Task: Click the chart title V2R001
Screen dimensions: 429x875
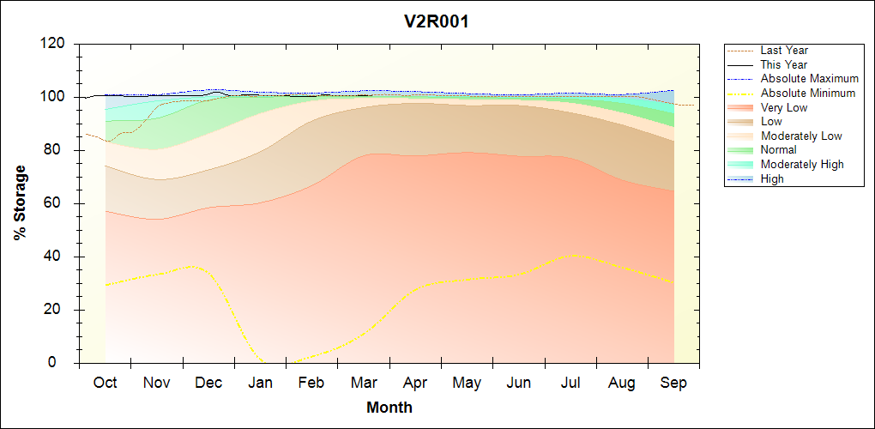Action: (x=437, y=21)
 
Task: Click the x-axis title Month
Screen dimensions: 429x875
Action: (x=389, y=408)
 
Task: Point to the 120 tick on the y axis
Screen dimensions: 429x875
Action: (x=53, y=44)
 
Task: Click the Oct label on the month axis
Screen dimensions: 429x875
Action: (x=105, y=383)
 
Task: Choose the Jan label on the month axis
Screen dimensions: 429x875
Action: (x=260, y=383)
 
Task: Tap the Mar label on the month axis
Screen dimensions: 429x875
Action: (x=363, y=383)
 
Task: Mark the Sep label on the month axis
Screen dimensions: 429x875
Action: (x=673, y=383)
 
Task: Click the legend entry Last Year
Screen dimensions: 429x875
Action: (x=784, y=51)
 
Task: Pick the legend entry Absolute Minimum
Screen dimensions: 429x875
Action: (x=808, y=94)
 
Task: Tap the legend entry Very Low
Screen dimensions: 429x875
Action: (x=784, y=107)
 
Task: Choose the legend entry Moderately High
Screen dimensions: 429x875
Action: (x=802, y=164)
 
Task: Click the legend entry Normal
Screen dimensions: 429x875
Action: (x=779, y=150)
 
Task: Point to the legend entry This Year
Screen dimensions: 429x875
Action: (x=784, y=64)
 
